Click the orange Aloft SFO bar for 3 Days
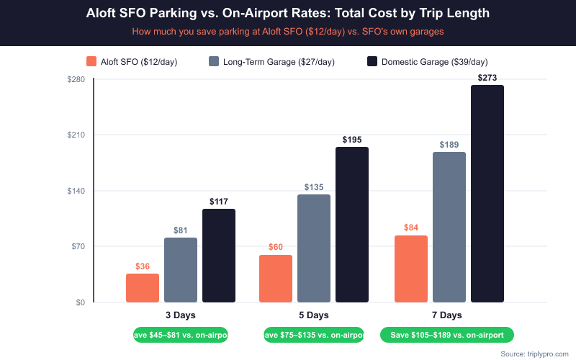(x=143, y=288)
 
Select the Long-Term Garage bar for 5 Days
(x=314, y=248)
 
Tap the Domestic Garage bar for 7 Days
(x=487, y=194)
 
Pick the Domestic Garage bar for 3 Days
(x=219, y=256)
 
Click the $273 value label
(x=487, y=77)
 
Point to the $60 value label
(x=276, y=247)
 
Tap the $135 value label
(x=314, y=187)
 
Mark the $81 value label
(x=181, y=230)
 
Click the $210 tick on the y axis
(x=76, y=135)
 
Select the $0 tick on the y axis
(x=80, y=302)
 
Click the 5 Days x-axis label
(x=314, y=315)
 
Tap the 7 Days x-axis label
(x=447, y=315)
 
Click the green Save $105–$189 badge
(x=447, y=335)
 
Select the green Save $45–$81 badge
(x=181, y=335)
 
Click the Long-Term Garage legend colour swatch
(x=214, y=62)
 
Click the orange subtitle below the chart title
(x=288, y=32)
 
